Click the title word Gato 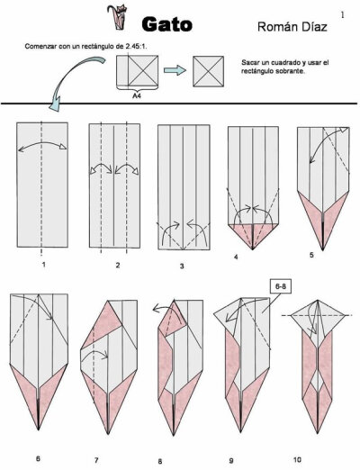(166, 24)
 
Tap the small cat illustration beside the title (117, 17)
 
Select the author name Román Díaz (292, 27)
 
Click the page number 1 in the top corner (343, 15)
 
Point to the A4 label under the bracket (138, 96)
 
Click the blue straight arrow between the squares (175, 70)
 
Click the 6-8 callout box (281, 286)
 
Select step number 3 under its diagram (182, 266)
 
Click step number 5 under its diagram (311, 255)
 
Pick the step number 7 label (96, 460)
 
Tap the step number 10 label (297, 459)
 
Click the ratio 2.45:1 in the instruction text (135, 47)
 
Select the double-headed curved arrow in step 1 (42, 143)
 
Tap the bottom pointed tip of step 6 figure (39, 429)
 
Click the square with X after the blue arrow (208, 71)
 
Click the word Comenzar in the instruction (39, 47)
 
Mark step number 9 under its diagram (231, 460)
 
